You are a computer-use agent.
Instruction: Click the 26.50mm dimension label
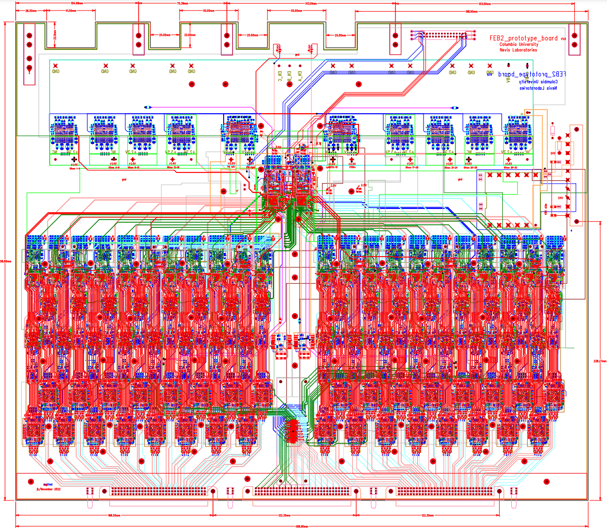(31, 11)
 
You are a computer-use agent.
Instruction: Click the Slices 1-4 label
(74, 168)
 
